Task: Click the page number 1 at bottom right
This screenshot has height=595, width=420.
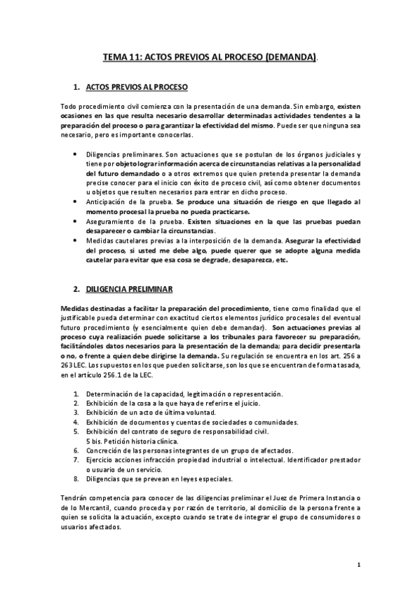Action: pyautogui.click(x=358, y=564)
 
